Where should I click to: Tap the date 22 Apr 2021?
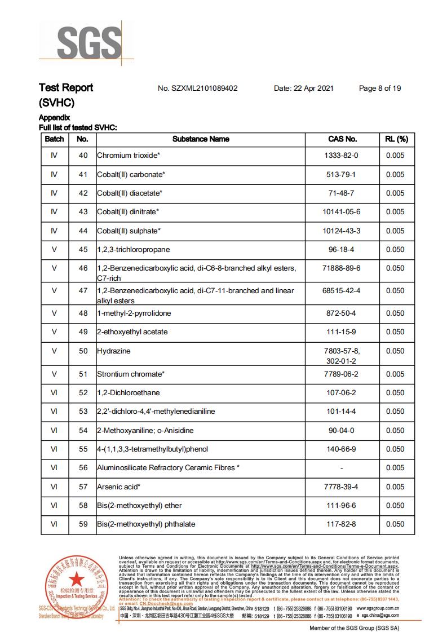pos(304,89)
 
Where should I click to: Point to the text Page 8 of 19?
pos(380,89)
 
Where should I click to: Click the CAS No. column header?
pos(342,139)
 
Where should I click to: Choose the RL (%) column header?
pos(396,139)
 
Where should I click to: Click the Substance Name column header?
pos(201,139)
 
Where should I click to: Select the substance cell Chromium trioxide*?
pos(129,156)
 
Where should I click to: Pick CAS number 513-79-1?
pos(341,175)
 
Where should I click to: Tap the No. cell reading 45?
pos(83,250)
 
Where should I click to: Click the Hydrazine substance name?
pos(114,351)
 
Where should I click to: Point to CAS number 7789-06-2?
pos(342,374)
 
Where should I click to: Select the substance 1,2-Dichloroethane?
pos(129,393)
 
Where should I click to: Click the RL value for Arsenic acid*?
pos(395,487)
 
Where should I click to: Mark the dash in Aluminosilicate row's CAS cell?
pos(342,468)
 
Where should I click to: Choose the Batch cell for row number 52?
pos(54,393)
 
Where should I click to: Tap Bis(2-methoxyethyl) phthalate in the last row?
pos(147,524)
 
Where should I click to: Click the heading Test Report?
pos(66,88)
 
